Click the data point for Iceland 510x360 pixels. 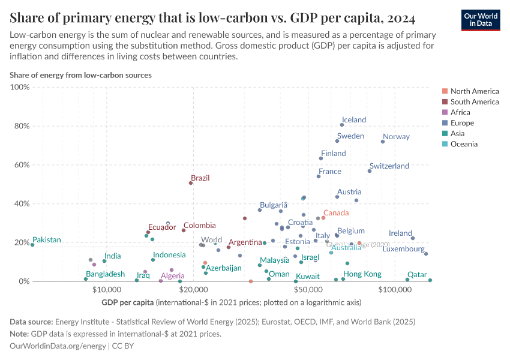(x=342, y=125)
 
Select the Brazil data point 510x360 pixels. (x=191, y=183)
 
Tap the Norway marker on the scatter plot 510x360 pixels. (x=383, y=142)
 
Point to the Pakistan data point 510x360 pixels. (x=32, y=245)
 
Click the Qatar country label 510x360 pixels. (x=417, y=274)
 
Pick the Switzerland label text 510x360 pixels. (x=389, y=166)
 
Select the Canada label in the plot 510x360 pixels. (x=335, y=213)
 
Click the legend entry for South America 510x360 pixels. (x=474, y=102)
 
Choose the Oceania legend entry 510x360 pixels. (x=464, y=144)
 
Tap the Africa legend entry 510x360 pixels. (x=461, y=112)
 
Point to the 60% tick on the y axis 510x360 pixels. (x=20, y=165)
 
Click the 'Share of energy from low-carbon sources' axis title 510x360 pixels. (x=80, y=76)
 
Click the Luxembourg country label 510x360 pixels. (x=403, y=249)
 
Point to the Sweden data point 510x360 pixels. (x=337, y=141)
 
